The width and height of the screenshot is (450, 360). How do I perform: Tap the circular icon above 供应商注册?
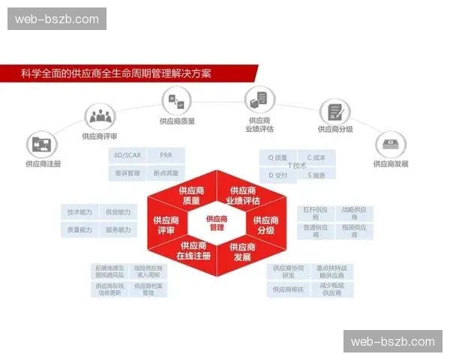pos(42,145)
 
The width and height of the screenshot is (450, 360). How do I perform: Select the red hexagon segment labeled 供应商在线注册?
pos(193,250)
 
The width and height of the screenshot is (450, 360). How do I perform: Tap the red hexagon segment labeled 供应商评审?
pos(166,224)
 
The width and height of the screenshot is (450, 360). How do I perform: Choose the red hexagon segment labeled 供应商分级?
pos(266,224)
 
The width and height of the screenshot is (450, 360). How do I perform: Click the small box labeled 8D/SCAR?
pos(127,156)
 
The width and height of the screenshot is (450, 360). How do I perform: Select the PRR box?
pos(166,156)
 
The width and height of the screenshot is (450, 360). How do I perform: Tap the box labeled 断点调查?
pos(166,173)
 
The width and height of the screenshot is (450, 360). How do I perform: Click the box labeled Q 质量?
pos(278,157)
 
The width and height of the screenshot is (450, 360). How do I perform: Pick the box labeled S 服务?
pos(316,175)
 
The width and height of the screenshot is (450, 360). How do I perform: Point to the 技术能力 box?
pos(79,212)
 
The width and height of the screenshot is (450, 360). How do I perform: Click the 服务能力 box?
pos(118,229)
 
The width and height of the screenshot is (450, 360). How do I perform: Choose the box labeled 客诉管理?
pos(127,173)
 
